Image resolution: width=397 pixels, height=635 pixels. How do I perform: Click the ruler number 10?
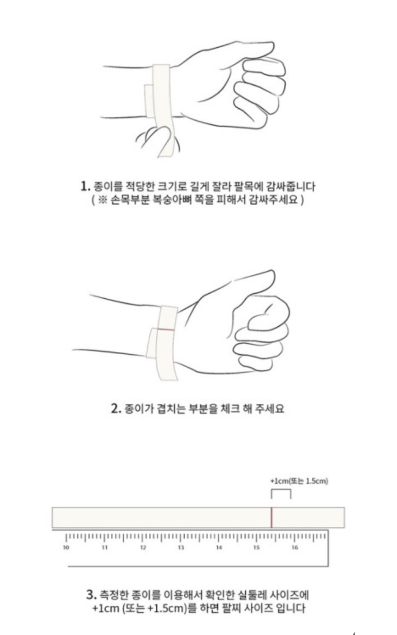tap(66, 547)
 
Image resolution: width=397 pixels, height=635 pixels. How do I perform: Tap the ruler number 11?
tap(105, 547)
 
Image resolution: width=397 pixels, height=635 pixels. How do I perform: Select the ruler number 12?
tap(143, 547)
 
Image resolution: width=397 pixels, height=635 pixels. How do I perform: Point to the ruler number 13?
tap(181, 547)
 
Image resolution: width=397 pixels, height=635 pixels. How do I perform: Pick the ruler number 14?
tap(219, 547)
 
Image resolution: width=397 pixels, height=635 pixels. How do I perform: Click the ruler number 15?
tap(257, 547)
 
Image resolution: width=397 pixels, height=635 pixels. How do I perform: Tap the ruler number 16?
tap(295, 547)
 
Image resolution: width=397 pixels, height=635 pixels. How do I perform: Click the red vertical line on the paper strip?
tap(271, 518)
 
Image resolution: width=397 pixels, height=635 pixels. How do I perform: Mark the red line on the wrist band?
tap(166, 329)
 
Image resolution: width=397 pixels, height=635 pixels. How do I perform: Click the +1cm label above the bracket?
tap(299, 481)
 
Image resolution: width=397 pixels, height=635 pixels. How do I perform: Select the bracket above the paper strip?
tap(281, 490)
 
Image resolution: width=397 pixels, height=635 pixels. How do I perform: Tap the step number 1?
tap(85, 186)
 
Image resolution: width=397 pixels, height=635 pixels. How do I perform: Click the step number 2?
tap(116, 409)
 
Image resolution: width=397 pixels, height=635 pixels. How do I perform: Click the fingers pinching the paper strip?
tap(158, 140)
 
